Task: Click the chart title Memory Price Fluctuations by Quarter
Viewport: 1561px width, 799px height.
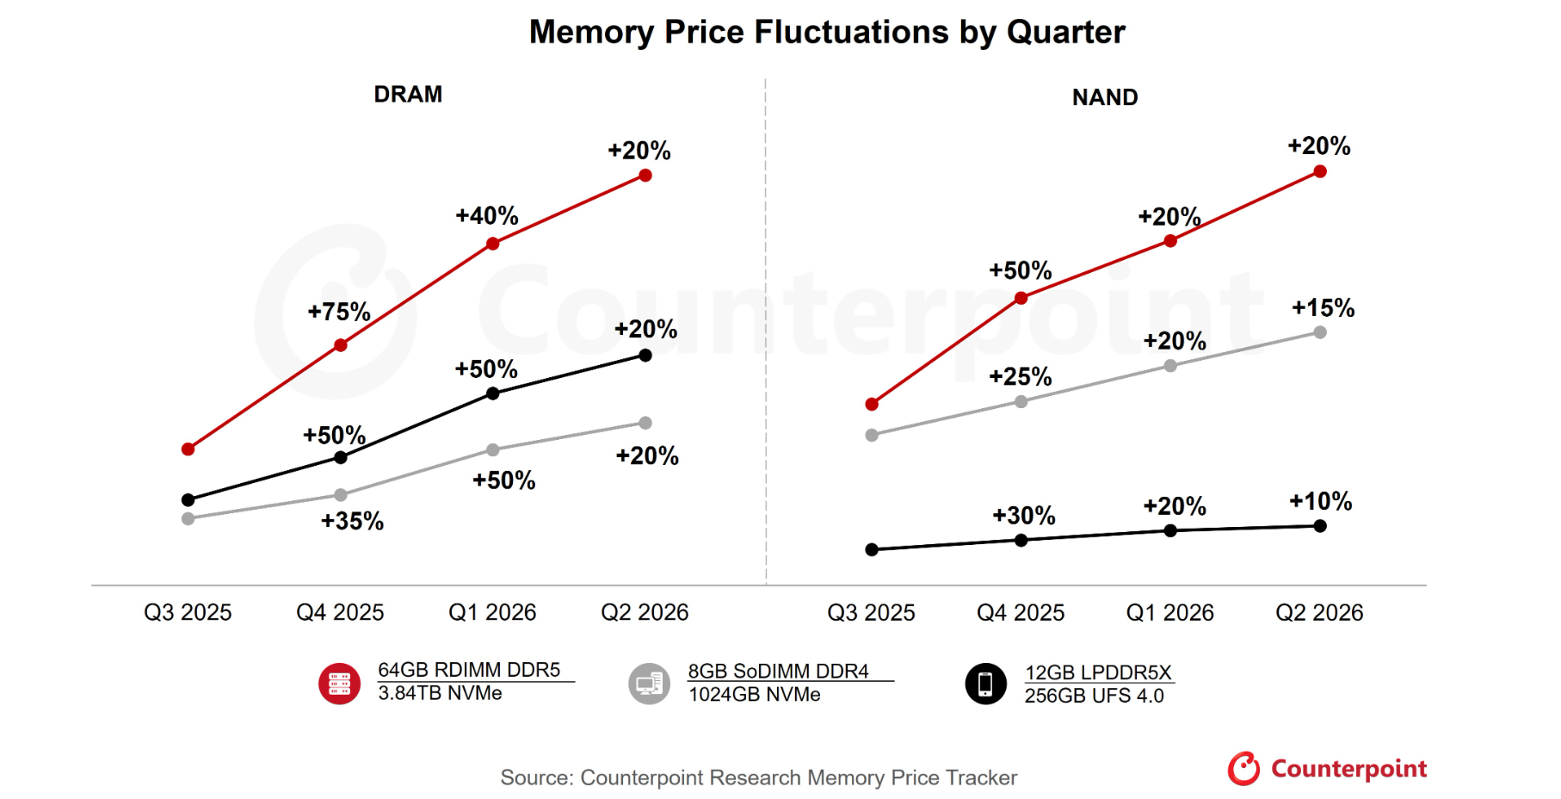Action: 826,33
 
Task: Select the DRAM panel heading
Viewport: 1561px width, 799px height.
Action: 408,94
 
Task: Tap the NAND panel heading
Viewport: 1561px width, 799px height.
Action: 1105,97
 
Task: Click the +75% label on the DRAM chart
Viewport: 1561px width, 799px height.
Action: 339,312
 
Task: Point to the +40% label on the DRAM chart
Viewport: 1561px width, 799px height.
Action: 487,215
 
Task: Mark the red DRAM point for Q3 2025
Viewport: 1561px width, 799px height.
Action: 188,449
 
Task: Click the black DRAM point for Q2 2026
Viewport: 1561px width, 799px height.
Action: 645,355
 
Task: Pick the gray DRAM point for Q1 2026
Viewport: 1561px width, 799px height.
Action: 493,449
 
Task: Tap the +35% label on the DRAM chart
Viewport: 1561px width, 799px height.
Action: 352,521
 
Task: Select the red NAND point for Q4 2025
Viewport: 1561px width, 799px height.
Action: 1021,298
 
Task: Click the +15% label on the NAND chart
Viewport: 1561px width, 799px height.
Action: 1323,307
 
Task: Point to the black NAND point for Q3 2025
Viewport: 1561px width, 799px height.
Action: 872,549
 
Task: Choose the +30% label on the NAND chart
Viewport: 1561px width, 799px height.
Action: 1023,516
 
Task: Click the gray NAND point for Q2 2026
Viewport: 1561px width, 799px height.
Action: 1320,332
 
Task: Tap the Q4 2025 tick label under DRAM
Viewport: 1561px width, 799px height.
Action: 340,612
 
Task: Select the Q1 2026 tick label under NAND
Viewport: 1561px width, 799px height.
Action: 1169,612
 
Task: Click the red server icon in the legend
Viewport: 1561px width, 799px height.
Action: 340,684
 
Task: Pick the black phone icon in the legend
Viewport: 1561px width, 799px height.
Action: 985,684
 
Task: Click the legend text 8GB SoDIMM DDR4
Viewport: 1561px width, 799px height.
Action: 778,671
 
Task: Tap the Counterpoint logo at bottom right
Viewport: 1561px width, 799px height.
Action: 1327,768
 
